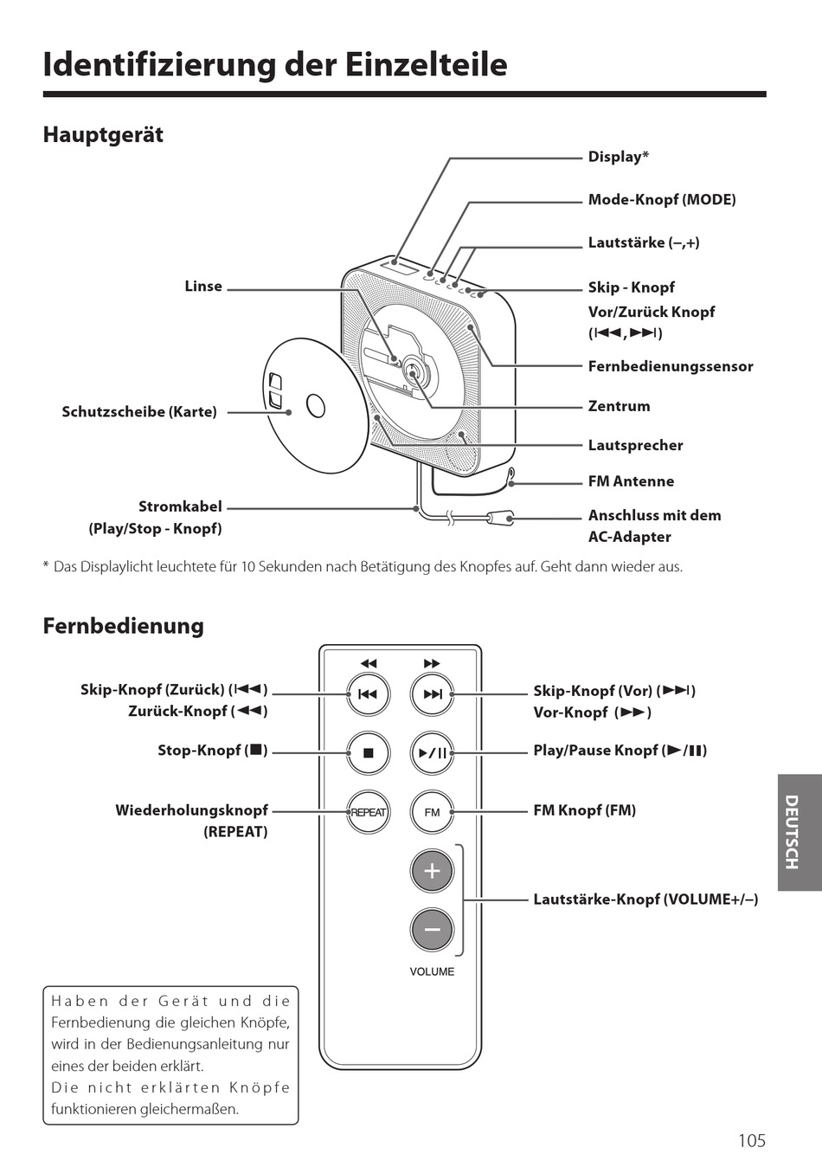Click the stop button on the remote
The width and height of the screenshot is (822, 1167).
coord(369,752)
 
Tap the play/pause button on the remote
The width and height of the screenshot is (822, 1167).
coord(432,752)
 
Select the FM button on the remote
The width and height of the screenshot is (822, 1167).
coord(432,812)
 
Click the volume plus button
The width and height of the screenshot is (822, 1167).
coord(432,871)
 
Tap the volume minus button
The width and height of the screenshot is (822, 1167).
coord(432,930)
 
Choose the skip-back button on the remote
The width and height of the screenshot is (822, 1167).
coord(369,693)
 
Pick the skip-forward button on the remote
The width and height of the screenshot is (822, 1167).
coord(432,693)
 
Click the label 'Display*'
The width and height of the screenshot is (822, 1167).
coord(618,157)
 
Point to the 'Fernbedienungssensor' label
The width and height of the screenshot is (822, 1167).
coord(670,366)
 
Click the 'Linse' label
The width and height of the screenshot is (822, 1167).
coord(203,287)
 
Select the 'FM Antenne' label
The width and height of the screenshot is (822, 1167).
coord(631,481)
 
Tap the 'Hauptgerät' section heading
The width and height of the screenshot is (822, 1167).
coord(103,135)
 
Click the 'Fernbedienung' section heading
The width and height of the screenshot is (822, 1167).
coord(123,625)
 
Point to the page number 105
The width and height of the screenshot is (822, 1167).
coord(751,1140)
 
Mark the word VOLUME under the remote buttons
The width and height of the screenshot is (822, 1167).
coord(432,971)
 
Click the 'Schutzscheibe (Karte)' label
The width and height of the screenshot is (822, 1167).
coord(139,412)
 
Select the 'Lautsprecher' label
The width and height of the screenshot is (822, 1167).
coord(635,445)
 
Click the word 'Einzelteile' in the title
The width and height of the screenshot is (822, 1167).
coord(426,65)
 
